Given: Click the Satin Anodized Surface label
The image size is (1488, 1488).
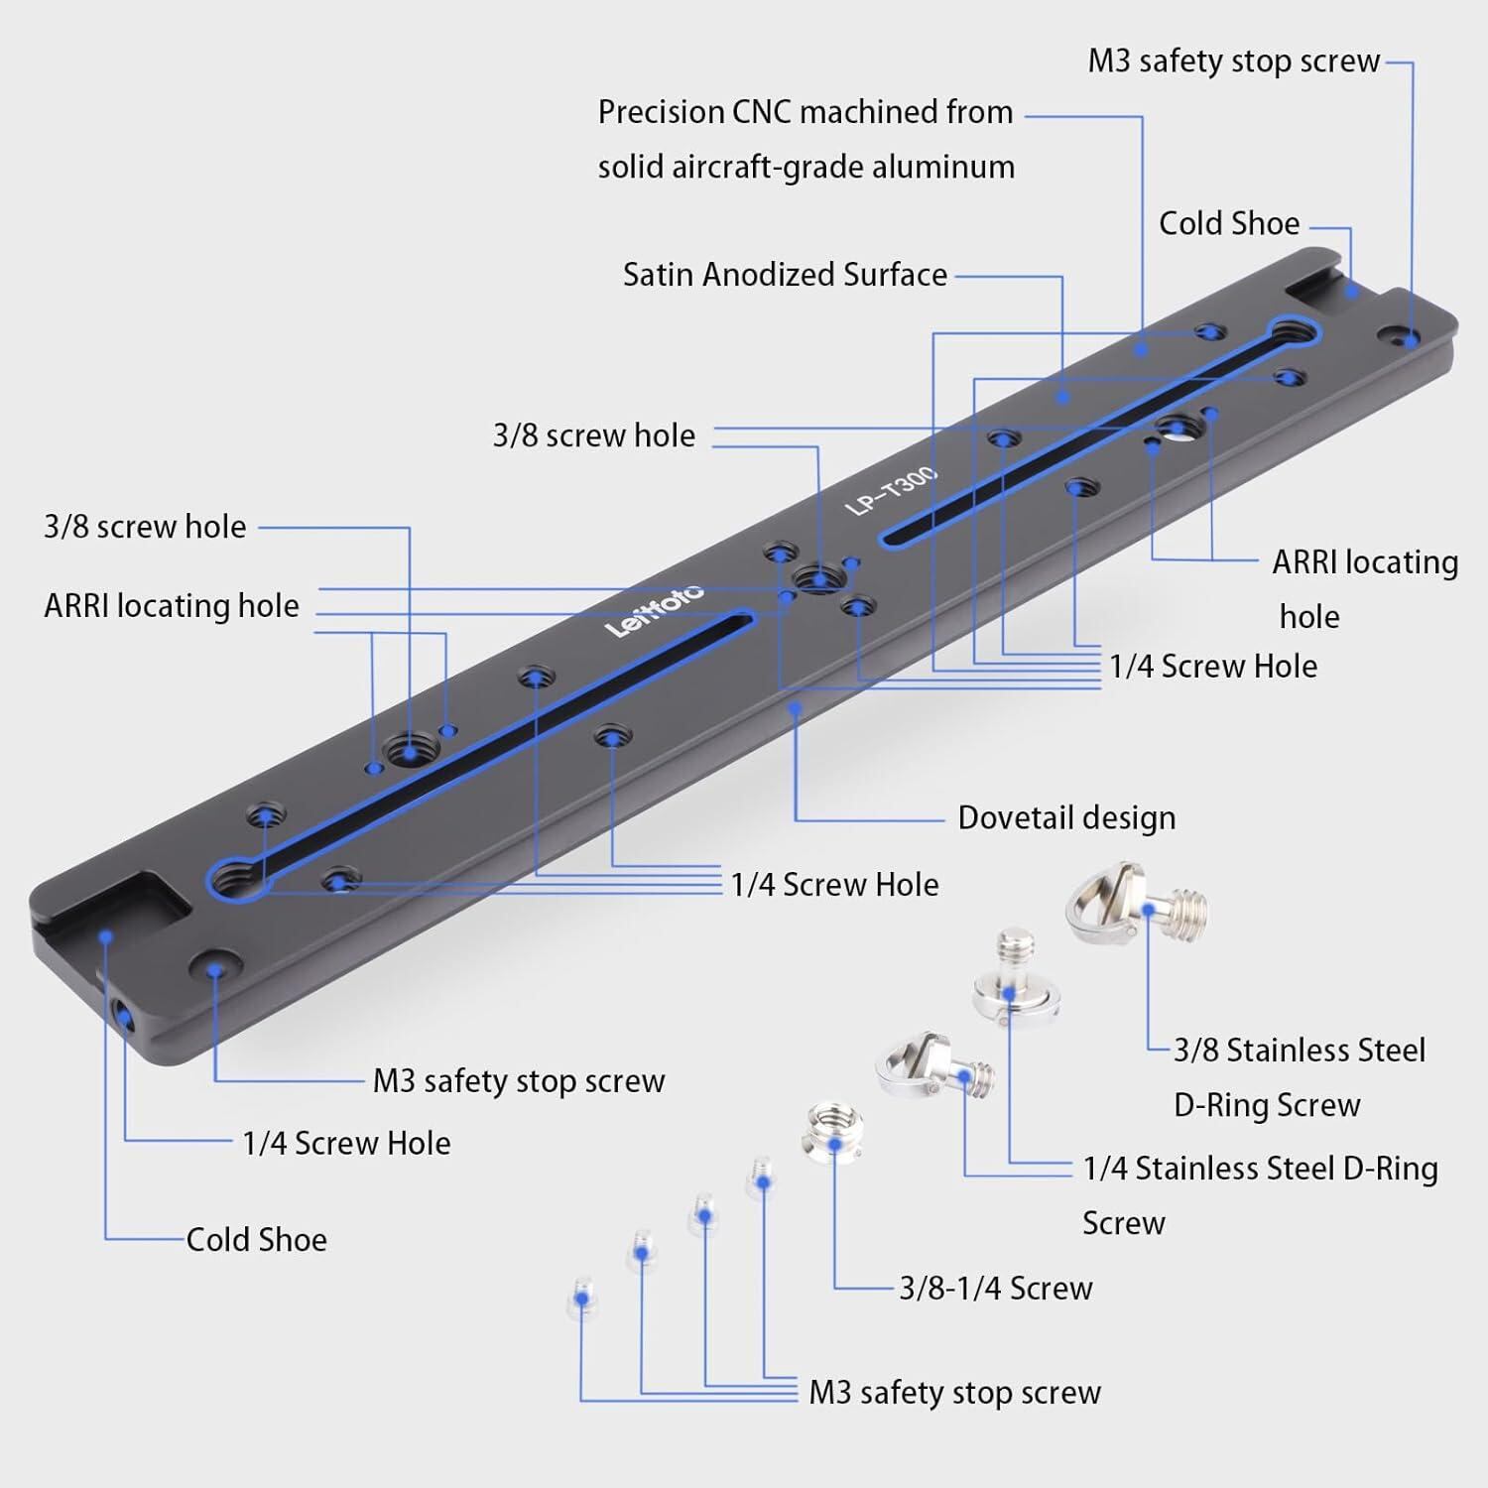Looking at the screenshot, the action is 785,275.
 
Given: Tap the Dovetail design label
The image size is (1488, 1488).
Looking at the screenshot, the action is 1066,818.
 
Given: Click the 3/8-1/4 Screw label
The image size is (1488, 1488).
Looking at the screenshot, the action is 996,1289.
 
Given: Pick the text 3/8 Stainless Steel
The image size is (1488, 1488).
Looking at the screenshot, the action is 1300,1051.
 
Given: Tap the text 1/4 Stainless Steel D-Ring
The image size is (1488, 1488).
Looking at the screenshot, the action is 1260,1169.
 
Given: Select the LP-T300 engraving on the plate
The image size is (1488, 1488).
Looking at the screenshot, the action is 890,491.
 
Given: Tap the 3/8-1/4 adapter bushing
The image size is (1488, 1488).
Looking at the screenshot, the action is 833,1134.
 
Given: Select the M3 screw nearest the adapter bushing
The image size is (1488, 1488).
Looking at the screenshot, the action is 761,1179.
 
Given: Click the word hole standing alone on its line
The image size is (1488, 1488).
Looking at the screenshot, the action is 1309,617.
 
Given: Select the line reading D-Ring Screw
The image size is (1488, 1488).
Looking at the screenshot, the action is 1267,1105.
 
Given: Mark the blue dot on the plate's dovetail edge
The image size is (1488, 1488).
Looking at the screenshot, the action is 796,708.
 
